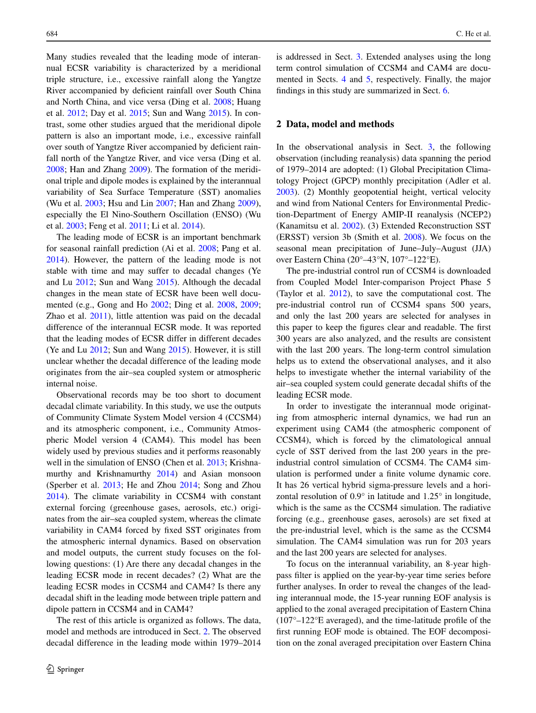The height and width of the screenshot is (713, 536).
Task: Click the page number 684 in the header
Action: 52,34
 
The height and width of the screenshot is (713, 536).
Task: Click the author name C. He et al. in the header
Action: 473,34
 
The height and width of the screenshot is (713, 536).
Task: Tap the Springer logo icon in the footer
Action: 50,669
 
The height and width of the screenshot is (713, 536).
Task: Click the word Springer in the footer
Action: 71,669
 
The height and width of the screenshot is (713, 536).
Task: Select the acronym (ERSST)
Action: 293,237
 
